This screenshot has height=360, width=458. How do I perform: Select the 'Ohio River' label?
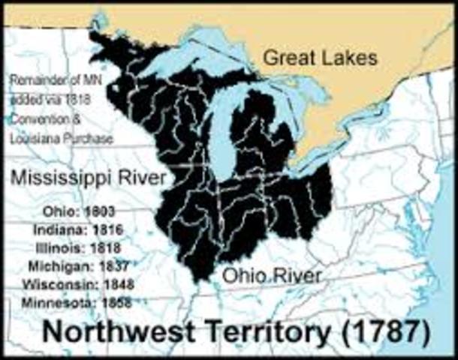coord(272,276)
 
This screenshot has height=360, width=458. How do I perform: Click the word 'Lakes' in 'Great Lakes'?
coord(353,57)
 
